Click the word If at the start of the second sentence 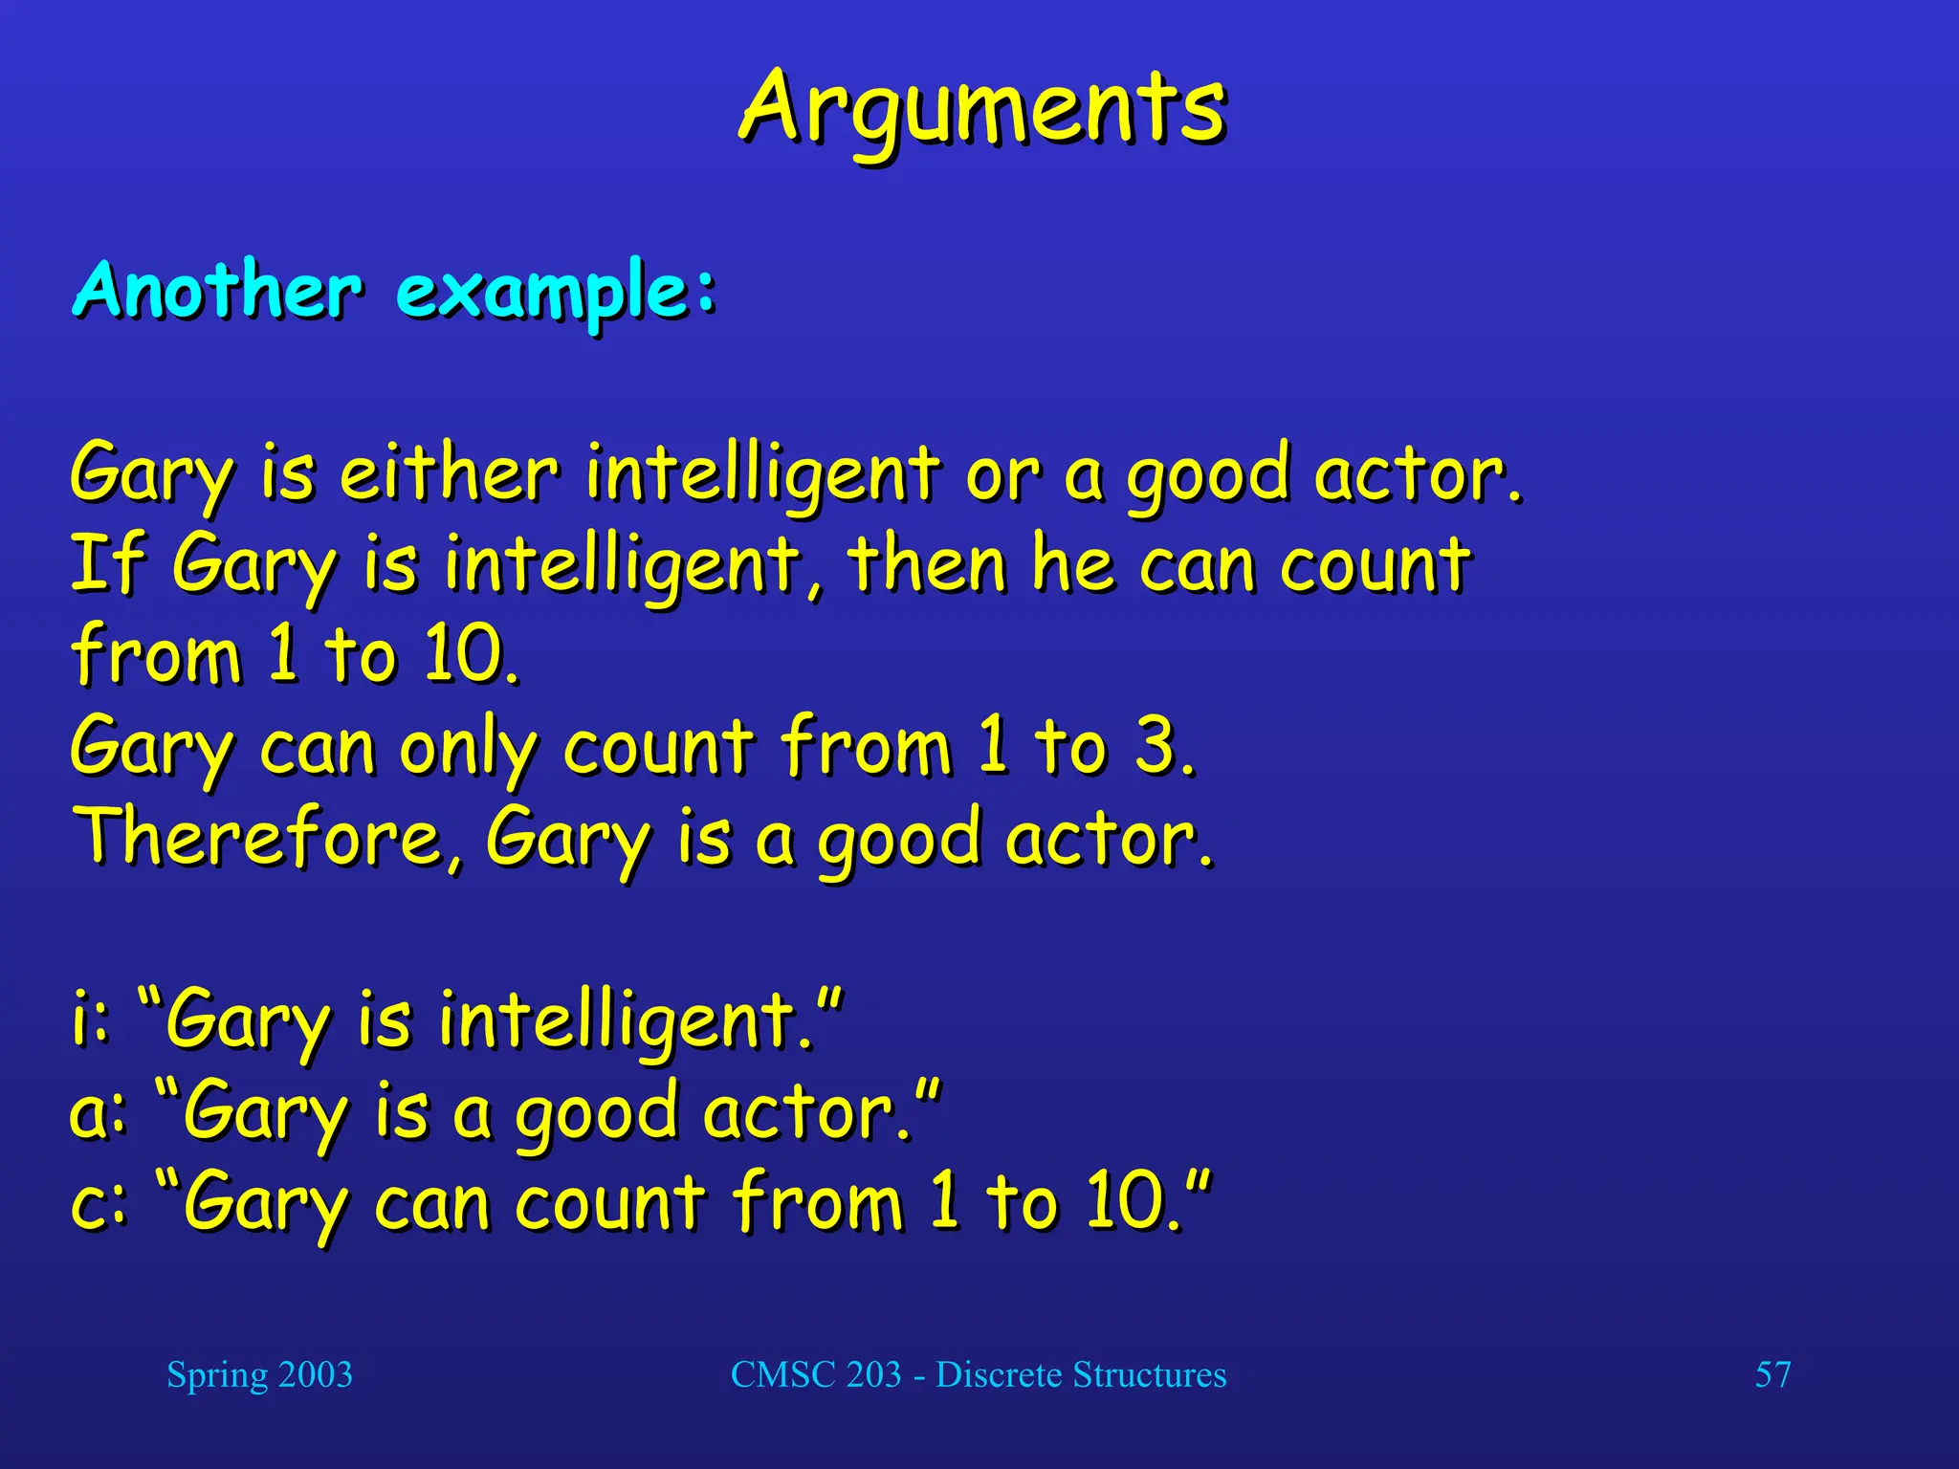coord(107,563)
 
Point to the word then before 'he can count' coord(926,563)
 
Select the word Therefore coord(258,837)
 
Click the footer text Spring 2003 coord(259,1374)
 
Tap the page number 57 coord(1772,1374)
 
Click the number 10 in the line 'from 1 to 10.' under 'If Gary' coord(463,654)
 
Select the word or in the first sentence coord(1002,474)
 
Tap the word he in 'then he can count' coord(1072,563)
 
